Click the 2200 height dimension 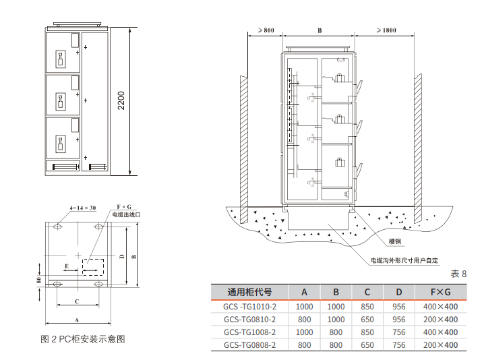point(121,102)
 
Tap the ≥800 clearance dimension point(265,31)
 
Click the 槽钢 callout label point(395,241)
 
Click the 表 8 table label point(458,274)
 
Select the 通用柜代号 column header point(249,292)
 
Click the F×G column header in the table point(440,292)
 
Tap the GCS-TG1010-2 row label point(249,306)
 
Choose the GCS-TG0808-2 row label point(249,345)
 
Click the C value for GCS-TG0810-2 point(367,319)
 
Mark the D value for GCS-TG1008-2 point(399,332)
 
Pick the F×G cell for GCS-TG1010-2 point(440,306)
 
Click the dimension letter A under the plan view point(77,320)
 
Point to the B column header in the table point(336,292)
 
